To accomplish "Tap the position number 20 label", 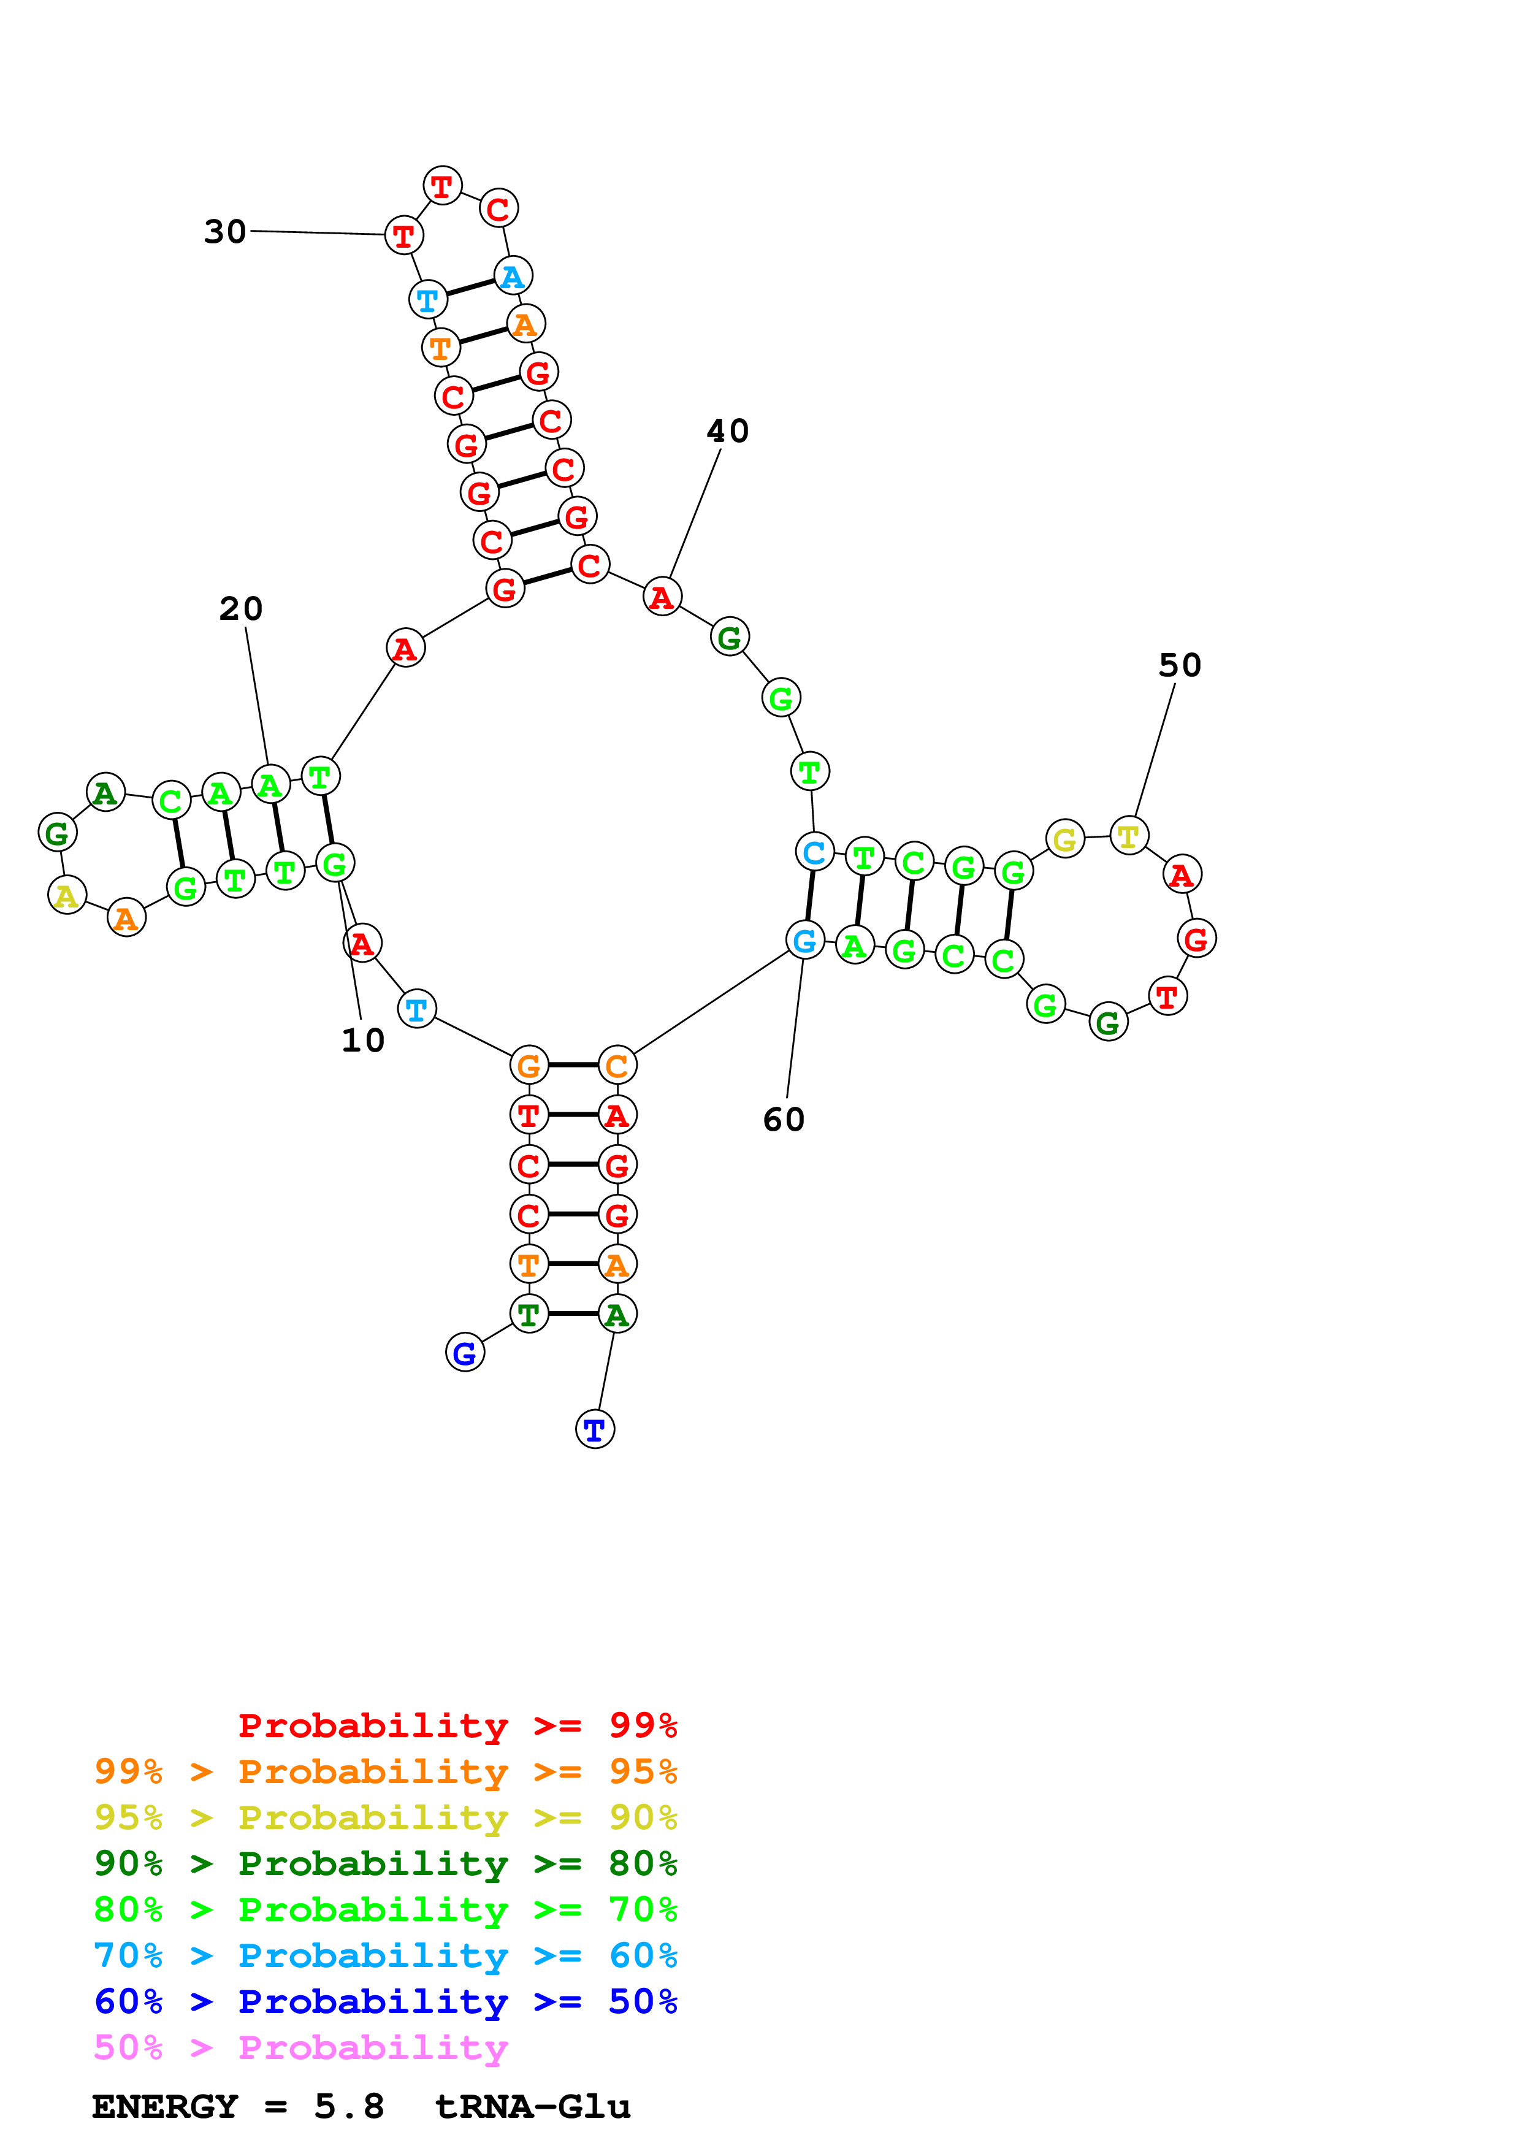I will coord(241,609).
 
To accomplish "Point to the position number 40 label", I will coord(728,431).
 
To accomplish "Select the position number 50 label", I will coord(1179,665).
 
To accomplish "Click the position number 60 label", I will coord(784,1120).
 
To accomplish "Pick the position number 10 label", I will coord(362,1040).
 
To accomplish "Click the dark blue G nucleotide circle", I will coord(465,1352).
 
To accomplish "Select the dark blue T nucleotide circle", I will coord(595,1430).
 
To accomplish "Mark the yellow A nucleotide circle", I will coord(66,896).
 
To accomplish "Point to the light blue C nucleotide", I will coord(814,852).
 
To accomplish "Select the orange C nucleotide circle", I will coord(616,1064).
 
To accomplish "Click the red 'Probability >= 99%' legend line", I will coord(457,1725).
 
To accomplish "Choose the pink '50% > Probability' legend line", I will coord(300,2047).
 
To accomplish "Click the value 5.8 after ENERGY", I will coord(348,2107).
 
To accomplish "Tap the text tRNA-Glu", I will coord(533,2107).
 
